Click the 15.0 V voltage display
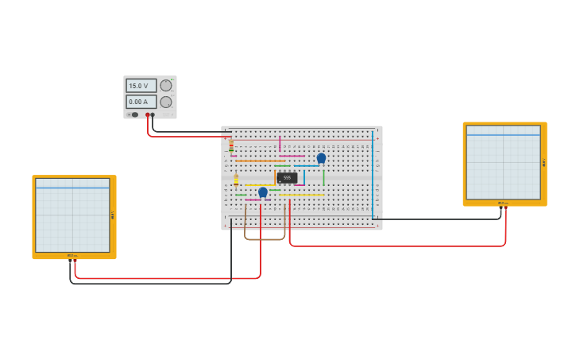[141, 85]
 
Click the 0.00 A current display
[141, 102]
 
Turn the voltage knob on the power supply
[166, 85]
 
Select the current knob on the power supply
[166, 102]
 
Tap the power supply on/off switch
[133, 114]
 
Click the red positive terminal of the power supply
[147, 114]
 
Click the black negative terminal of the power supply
[153, 114]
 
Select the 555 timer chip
[287, 177]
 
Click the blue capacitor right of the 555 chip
[321, 157]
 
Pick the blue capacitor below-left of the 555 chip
[263, 192]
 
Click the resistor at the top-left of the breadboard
[231, 145]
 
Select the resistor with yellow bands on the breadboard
[236, 180]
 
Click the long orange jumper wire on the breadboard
[259, 161]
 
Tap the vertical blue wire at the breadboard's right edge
[372, 175]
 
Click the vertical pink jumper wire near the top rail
[280, 143]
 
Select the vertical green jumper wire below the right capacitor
[323, 177]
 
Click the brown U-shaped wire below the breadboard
[265, 238]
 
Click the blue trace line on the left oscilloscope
[72, 188]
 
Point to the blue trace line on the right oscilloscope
[503, 135]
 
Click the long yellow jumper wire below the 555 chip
[302, 195]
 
